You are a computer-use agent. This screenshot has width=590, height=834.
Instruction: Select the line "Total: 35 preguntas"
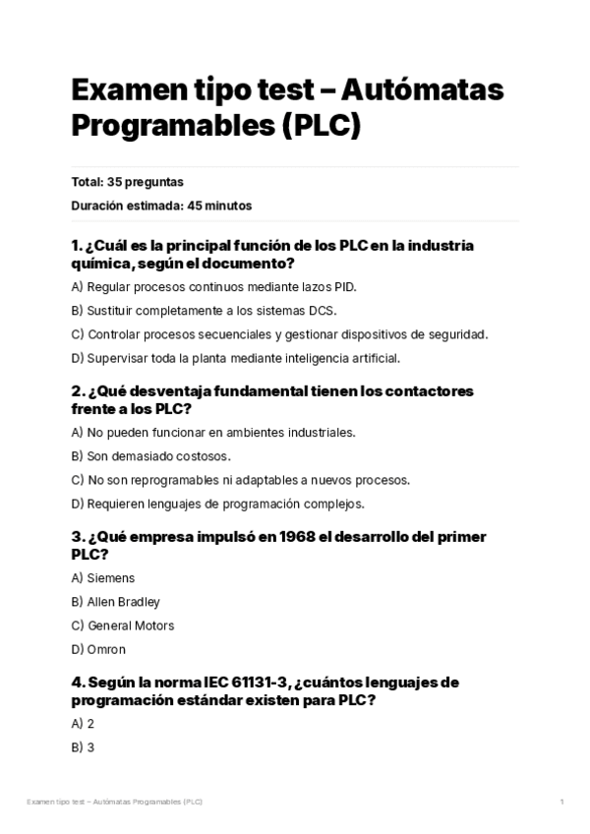(127, 182)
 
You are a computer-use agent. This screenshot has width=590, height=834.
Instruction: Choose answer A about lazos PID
(214, 287)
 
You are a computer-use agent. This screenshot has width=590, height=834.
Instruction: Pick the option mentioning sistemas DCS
(205, 311)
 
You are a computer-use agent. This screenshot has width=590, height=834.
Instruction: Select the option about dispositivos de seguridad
(280, 334)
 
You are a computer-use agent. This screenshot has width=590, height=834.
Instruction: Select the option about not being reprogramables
(241, 480)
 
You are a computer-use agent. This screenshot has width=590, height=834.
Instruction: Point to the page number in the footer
(561, 803)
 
